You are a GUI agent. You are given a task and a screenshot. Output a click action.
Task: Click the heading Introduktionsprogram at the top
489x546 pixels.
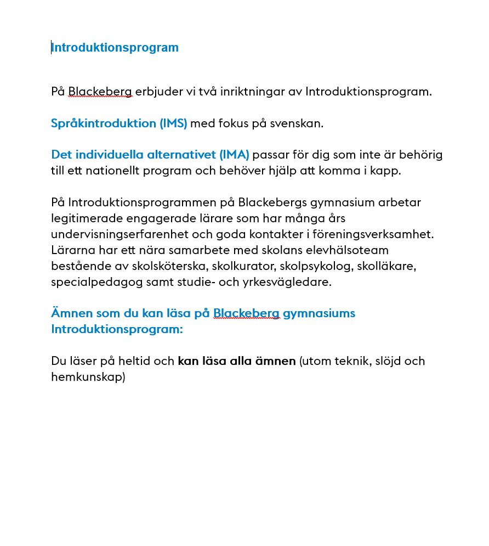(x=115, y=48)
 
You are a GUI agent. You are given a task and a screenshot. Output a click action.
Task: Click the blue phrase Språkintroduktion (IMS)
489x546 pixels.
(x=119, y=123)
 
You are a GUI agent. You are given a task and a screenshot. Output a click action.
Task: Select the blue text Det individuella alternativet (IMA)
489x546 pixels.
(x=150, y=155)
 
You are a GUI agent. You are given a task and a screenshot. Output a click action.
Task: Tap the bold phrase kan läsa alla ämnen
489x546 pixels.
(x=237, y=362)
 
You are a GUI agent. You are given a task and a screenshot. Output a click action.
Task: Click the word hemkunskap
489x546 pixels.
(x=88, y=378)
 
